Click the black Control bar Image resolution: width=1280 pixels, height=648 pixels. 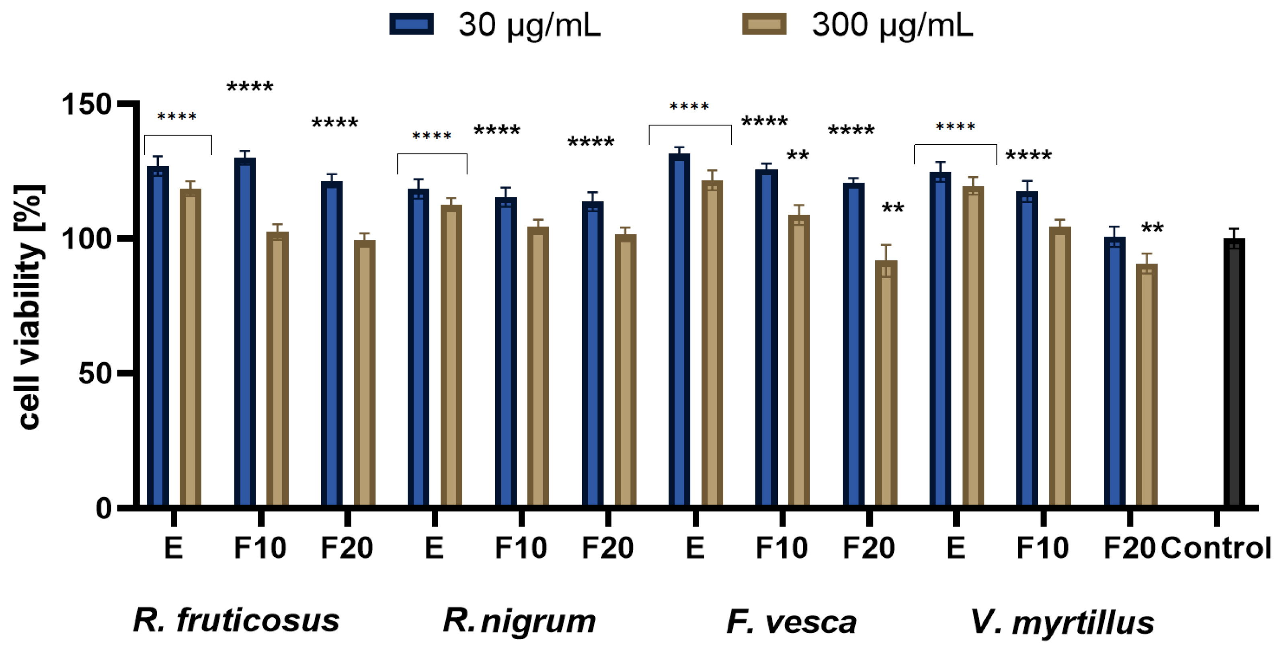tap(1234, 373)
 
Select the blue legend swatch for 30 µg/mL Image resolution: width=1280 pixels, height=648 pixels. tap(411, 24)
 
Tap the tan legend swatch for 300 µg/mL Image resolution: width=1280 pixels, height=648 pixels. tap(764, 24)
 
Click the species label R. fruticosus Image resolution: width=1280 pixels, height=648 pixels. tap(236, 621)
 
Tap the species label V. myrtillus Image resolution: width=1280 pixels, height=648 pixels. tap(1063, 622)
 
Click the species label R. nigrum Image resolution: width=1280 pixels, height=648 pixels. tap(519, 621)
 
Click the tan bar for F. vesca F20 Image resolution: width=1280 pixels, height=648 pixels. tap(886, 383)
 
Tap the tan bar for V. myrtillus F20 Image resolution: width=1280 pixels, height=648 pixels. tap(1147, 385)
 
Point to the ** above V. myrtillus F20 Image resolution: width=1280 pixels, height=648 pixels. tap(1152, 229)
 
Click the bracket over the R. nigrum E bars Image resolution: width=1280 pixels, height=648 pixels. tap(432, 154)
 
